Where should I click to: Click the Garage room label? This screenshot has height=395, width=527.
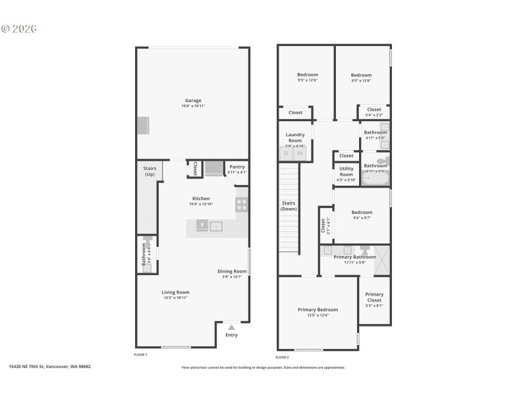pos(193,101)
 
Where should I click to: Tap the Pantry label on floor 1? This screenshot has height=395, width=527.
pos(236,167)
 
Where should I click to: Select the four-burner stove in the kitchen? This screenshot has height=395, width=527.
pos(242,205)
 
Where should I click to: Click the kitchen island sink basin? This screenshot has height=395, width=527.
pos(216,227)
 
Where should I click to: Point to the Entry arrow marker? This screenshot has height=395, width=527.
pos(231,326)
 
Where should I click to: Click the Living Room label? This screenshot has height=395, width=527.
pos(175,292)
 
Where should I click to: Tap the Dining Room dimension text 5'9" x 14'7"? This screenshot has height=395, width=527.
pos(232,277)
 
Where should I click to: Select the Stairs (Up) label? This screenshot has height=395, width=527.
pos(150,171)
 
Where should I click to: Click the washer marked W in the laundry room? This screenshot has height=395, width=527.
pos(300,153)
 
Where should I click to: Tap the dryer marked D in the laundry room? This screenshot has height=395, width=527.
pos(287,153)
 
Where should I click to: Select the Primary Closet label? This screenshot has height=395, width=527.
pos(374,298)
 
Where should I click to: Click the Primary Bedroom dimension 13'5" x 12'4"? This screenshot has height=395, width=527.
pos(318,315)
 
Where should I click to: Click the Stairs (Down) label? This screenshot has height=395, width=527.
pos(289,206)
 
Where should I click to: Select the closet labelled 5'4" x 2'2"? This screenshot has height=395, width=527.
pos(374,112)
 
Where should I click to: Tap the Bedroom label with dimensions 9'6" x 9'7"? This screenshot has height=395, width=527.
pos(362,213)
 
